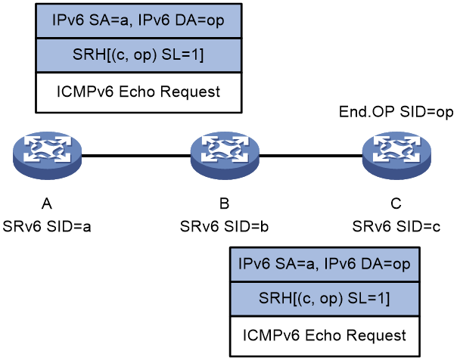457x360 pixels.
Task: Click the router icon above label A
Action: coord(48,155)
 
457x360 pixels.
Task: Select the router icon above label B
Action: coord(225,155)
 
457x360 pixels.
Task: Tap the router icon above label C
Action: coord(396,155)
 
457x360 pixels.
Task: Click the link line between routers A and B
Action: coord(136,156)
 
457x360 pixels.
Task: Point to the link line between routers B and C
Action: coord(311,156)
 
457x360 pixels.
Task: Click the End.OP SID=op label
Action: coord(396,112)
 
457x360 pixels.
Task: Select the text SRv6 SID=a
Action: coord(47,227)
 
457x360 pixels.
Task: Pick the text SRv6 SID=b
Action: coord(224,227)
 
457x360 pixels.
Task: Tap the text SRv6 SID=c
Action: coord(396,227)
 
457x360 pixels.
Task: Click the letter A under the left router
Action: coord(47,203)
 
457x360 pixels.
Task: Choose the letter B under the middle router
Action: coord(224,203)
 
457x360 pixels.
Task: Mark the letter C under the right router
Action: coord(396,203)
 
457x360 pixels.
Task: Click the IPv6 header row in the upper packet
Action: coord(138,20)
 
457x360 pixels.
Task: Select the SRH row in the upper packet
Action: coord(138,55)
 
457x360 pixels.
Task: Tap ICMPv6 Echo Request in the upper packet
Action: coord(138,92)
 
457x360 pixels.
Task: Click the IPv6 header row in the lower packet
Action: coord(325,264)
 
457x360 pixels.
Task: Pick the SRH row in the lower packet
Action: coord(325,299)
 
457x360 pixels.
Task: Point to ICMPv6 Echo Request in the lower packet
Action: coord(325,335)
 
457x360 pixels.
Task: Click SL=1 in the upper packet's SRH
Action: coord(182,54)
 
